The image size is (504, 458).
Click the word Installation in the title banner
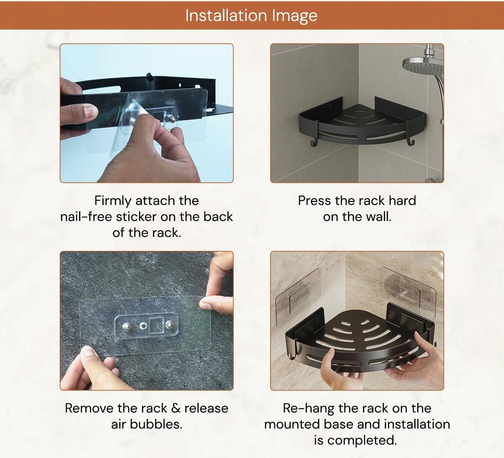[x=226, y=15]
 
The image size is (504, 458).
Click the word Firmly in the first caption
[x=113, y=201]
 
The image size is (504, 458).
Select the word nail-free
[x=86, y=217]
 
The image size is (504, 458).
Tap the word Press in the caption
[x=314, y=201]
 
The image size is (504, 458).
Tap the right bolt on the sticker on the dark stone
[x=169, y=324]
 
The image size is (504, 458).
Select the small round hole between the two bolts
[x=143, y=326]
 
